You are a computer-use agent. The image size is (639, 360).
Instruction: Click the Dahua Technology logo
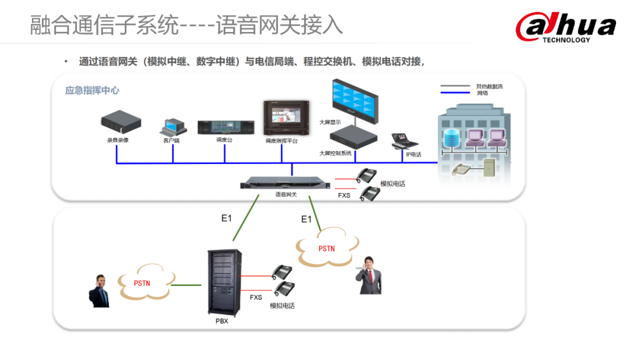[x=565, y=28]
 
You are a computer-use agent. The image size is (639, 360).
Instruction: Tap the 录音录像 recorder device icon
[x=121, y=123]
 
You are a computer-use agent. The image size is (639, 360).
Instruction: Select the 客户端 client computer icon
[x=172, y=127]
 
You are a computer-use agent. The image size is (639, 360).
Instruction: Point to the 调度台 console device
[x=225, y=127]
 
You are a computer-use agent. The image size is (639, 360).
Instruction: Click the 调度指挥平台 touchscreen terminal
[x=282, y=118]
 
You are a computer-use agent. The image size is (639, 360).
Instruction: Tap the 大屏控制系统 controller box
[x=353, y=138]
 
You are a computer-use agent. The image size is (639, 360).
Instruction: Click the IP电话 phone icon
[x=405, y=141]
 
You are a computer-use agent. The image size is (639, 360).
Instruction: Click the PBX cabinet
[x=224, y=282]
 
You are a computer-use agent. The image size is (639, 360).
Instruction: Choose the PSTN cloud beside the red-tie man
[x=327, y=249]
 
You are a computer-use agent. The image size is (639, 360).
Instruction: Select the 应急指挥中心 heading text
[x=92, y=91]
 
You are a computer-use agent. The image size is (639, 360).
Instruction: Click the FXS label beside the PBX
[x=256, y=297]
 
